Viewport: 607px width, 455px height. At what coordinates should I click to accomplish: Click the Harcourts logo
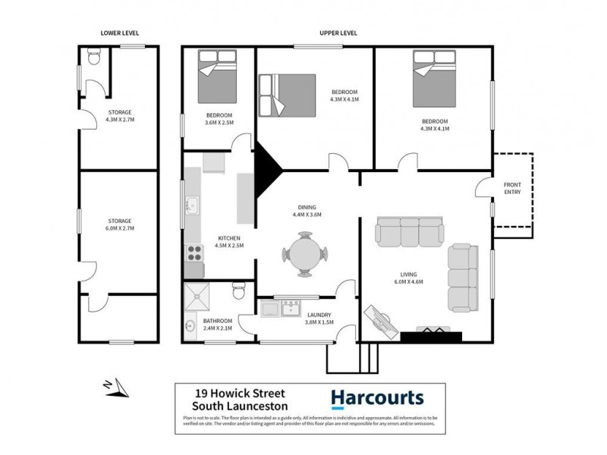pos(377,398)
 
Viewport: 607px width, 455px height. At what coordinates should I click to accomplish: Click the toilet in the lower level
pos(92,58)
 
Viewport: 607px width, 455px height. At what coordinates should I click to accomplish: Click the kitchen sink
pos(191,204)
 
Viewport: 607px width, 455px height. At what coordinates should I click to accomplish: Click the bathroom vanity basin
pos(190,326)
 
